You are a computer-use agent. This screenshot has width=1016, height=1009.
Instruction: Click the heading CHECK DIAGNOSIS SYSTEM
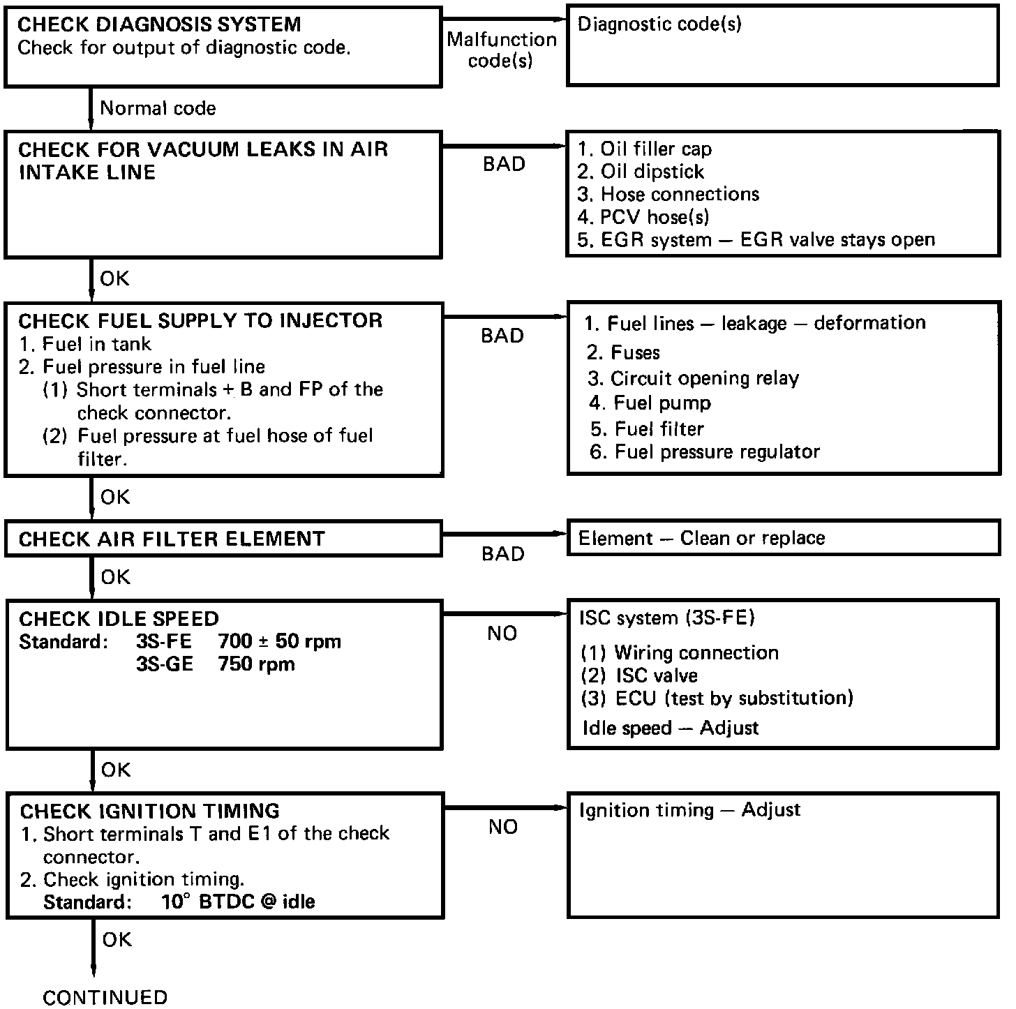tap(159, 25)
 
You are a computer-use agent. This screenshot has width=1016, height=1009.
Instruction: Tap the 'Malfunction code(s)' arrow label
tap(501, 50)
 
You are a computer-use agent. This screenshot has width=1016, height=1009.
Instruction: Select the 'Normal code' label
tap(158, 108)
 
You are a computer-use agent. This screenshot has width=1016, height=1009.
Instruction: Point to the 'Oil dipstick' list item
tap(641, 172)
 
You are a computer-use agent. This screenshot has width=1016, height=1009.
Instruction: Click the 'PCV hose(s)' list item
tap(643, 217)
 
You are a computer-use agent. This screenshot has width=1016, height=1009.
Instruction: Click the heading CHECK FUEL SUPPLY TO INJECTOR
tap(200, 321)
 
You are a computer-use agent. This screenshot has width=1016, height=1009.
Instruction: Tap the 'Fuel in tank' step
tap(86, 343)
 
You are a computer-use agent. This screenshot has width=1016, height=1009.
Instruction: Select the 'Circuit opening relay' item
tap(693, 378)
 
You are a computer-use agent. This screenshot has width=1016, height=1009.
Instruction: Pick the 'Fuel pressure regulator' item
tap(705, 452)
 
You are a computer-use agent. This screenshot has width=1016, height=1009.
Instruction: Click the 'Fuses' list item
tap(623, 352)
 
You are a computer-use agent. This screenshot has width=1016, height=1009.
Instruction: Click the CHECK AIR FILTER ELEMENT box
tap(223, 539)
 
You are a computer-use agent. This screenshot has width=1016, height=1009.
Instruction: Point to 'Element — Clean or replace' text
tap(701, 538)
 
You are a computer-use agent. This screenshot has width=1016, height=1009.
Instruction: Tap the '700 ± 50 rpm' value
tap(279, 641)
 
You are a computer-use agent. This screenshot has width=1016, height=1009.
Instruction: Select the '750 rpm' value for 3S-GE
tap(256, 664)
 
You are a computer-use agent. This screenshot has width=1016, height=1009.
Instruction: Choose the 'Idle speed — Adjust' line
tap(670, 728)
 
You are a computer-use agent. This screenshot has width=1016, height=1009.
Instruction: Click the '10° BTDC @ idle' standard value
tap(238, 902)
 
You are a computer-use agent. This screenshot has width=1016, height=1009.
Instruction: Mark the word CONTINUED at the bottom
tap(105, 997)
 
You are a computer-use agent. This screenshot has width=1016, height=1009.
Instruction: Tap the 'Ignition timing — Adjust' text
tap(689, 810)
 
